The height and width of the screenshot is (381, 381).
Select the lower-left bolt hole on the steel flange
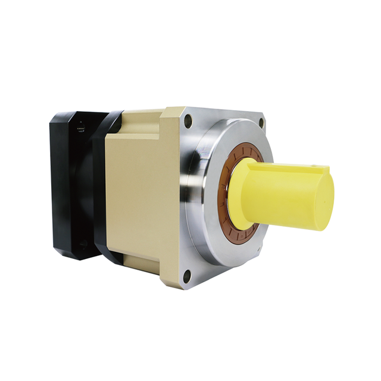coord(188,275)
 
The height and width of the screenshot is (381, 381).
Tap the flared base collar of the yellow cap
coord(238,196)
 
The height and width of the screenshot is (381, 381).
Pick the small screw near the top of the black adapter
coord(82,127)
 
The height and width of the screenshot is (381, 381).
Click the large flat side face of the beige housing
coord(140,196)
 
